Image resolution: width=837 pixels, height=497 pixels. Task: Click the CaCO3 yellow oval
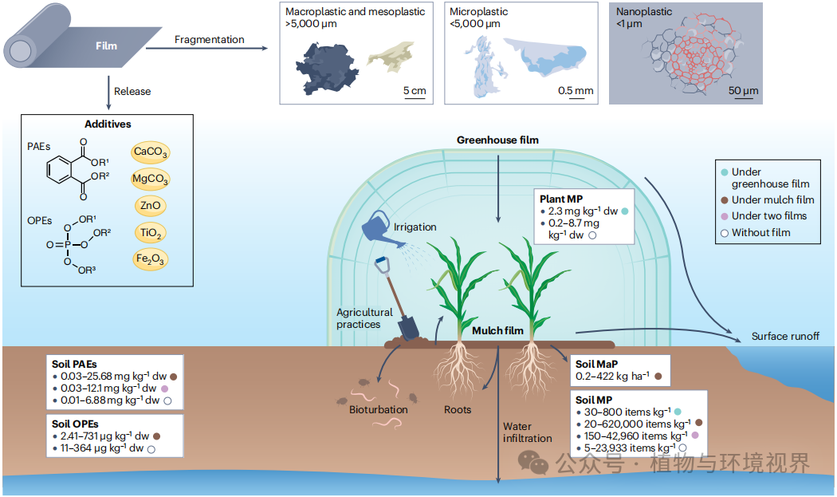[151, 152]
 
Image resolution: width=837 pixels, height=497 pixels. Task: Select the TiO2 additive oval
[151, 232]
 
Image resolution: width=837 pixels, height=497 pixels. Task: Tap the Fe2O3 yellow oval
[151, 259]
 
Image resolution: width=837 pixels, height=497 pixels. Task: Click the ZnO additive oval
[151, 206]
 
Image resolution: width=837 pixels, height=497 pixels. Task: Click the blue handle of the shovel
[382, 265]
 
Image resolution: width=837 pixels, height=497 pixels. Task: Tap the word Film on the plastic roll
[106, 46]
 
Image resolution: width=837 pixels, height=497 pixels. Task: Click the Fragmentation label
[209, 40]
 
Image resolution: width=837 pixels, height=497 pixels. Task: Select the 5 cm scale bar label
[415, 91]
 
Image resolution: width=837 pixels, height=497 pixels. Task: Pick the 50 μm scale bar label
[743, 91]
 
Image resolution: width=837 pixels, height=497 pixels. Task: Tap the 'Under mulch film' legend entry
[768, 200]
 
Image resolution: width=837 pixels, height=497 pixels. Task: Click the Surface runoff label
[785, 336]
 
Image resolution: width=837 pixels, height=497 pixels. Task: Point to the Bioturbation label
[379, 410]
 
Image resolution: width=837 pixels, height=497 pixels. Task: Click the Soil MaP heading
[596, 364]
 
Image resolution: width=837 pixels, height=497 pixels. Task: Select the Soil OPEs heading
[75, 424]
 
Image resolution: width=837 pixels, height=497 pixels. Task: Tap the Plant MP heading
[561, 199]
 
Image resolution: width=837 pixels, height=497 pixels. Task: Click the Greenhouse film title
[497, 140]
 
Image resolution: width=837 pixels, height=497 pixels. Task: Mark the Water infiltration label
[528, 432]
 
